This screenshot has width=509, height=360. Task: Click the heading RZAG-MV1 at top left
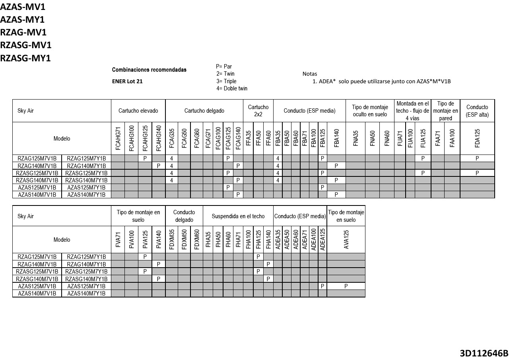23,32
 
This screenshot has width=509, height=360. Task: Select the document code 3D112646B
484,353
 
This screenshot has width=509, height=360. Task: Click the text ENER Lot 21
127,81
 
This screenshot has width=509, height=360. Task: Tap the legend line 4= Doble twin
232,88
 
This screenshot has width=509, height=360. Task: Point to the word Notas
310,74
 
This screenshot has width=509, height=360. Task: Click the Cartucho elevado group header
138,111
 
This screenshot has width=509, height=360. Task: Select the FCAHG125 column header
145,138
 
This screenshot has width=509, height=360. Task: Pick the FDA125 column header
477,138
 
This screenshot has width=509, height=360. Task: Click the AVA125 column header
346,239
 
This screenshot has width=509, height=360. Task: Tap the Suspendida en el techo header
238,216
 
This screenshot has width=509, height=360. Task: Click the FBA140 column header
336,138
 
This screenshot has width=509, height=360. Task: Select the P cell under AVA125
346,286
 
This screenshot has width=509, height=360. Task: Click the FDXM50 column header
184,239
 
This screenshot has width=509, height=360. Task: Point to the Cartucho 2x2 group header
258,111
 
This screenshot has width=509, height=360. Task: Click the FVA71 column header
118,239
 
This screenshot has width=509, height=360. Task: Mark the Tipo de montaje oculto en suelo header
370,111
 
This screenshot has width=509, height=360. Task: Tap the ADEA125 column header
322,239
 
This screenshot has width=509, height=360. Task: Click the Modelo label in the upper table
62,139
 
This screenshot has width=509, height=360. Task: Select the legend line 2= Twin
225,74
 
